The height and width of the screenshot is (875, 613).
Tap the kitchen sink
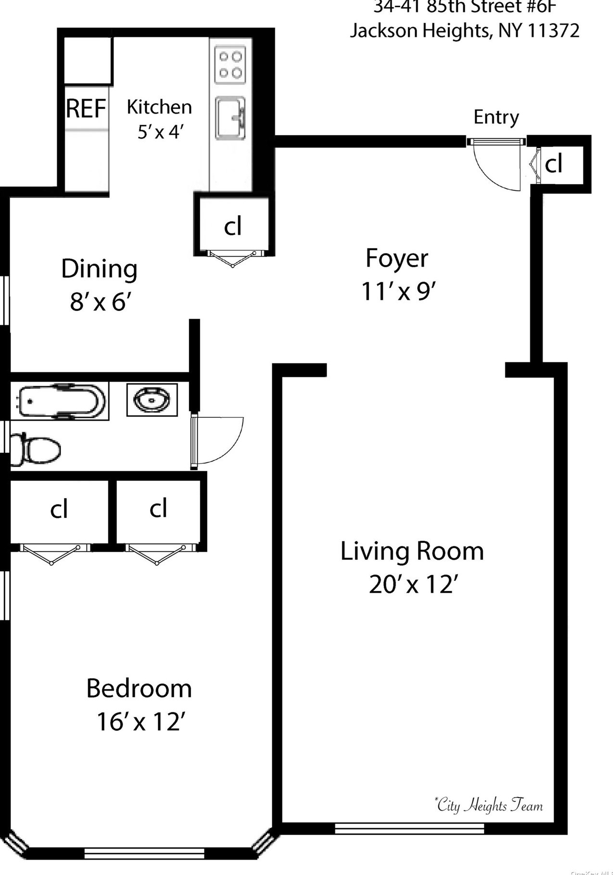click(x=230, y=118)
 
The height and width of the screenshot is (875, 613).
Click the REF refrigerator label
click(x=86, y=108)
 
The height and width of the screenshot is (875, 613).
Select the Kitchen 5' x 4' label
click(x=159, y=118)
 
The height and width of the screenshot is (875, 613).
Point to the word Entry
click(x=496, y=117)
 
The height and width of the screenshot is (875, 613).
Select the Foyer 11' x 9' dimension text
click(x=398, y=291)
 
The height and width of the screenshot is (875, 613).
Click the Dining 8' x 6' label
click(x=100, y=284)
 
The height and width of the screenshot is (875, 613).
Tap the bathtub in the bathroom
click(x=60, y=400)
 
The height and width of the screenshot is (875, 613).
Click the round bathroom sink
click(x=152, y=399)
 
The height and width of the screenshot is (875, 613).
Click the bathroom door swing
click(x=219, y=440)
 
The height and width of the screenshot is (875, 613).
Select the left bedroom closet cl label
click(x=59, y=509)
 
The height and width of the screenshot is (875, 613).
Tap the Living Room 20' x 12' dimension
click(x=412, y=585)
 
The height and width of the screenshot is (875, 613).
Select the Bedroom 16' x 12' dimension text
click(x=140, y=721)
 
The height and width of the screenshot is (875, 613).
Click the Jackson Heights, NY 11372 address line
click(x=464, y=31)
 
